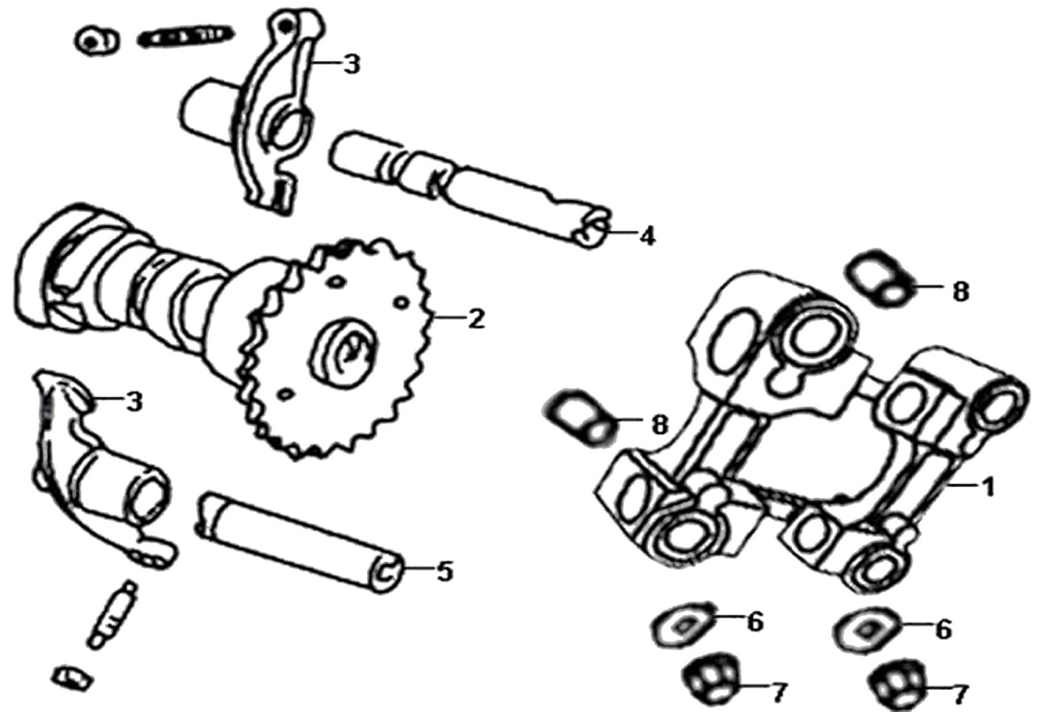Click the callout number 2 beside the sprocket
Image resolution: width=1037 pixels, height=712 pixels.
point(476,319)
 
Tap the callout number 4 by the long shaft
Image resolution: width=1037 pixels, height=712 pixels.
point(647,236)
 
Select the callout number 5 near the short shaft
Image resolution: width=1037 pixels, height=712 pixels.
point(445,572)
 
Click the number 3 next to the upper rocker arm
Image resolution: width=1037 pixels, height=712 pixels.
point(352,65)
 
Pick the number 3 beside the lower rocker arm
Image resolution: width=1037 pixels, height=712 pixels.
point(134,402)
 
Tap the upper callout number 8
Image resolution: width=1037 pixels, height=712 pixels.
point(960,292)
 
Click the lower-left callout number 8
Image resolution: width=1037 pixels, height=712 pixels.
point(660,425)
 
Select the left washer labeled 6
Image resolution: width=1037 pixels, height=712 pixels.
point(683,627)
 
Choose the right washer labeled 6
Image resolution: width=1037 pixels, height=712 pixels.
point(865,630)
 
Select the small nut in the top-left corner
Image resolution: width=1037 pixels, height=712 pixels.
point(97,40)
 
